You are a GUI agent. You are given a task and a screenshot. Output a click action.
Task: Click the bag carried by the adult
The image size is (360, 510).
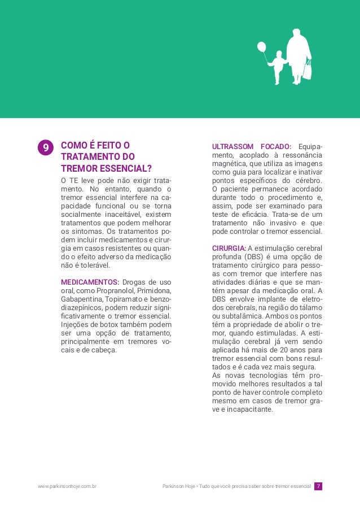(x=308, y=71)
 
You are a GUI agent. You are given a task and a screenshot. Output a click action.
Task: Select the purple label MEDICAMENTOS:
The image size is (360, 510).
(x=90, y=282)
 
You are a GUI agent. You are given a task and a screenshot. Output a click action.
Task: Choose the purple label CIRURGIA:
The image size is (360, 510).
(x=229, y=248)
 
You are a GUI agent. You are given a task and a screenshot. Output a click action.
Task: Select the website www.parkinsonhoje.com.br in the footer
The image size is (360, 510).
(x=67, y=486)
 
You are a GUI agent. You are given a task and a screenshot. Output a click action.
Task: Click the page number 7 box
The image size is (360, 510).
(x=318, y=486)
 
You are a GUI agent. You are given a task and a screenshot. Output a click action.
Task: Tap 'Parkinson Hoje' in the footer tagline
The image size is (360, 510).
(x=178, y=486)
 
